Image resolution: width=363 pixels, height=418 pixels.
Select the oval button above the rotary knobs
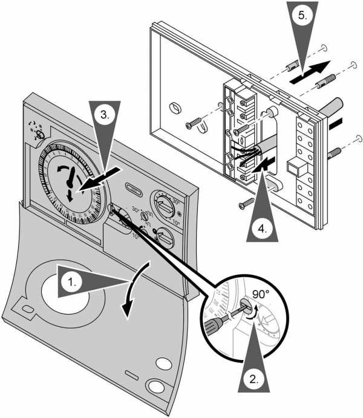tap(137, 187)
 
